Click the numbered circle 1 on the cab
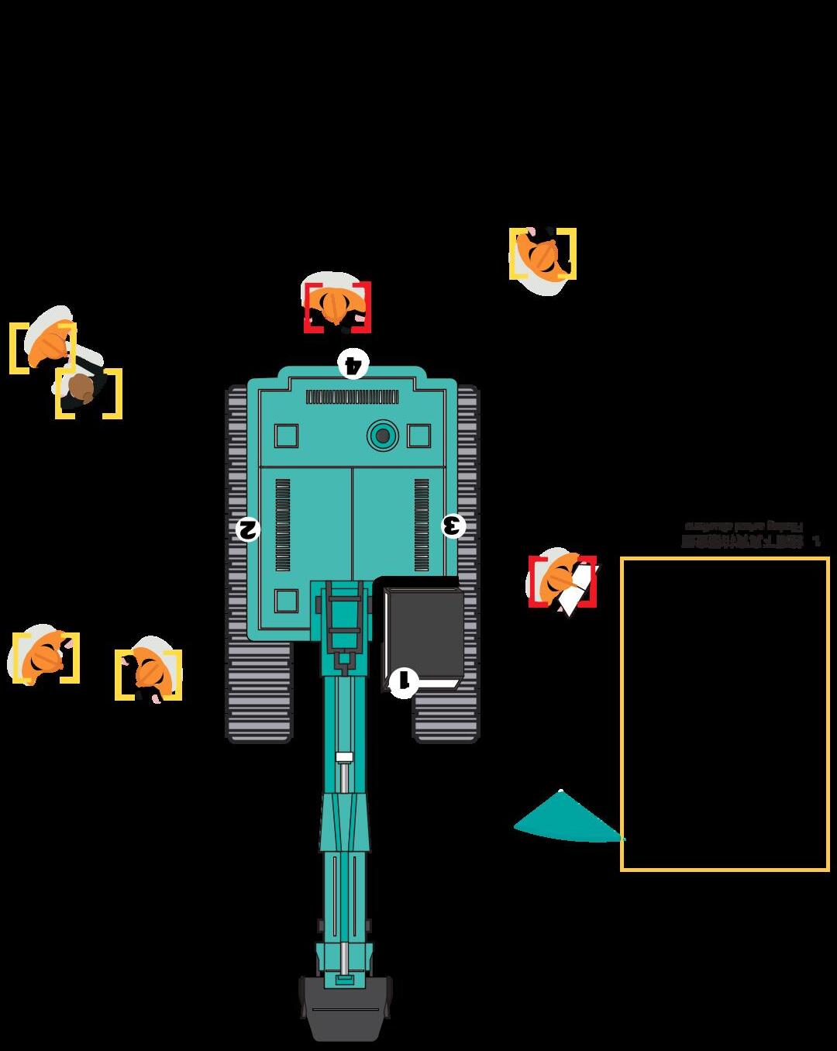(x=403, y=683)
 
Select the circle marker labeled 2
(x=248, y=529)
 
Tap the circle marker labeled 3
(x=453, y=526)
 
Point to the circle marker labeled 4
(x=353, y=363)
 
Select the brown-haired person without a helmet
(x=82, y=388)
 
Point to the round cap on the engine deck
(x=382, y=436)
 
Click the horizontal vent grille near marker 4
(x=352, y=398)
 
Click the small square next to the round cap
(x=418, y=436)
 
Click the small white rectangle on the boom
(x=344, y=757)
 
